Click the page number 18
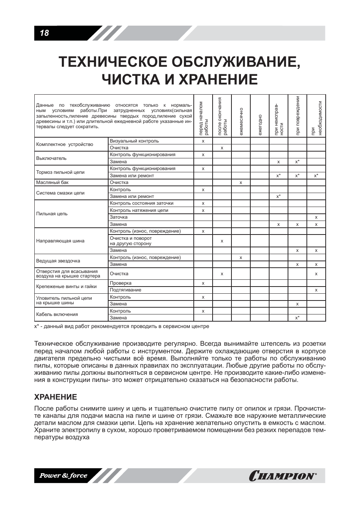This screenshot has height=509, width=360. [x=44, y=33]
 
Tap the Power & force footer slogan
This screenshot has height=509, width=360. [x=63, y=475]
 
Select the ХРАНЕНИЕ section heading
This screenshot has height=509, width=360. [x=55, y=397]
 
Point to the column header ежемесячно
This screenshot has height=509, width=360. [x=241, y=121]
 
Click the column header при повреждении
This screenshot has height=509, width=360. [x=297, y=116]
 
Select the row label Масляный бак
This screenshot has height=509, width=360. [x=52, y=182]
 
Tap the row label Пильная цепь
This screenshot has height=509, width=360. [x=52, y=214]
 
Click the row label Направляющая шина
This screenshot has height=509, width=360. [x=60, y=241]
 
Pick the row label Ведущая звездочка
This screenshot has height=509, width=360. [x=58, y=261]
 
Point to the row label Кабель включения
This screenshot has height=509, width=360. [x=57, y=314]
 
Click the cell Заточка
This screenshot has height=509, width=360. [x=119, y=217]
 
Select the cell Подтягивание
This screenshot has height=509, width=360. [x=126, y=290]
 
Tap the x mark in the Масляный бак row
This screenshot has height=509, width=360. [x=241, y=182]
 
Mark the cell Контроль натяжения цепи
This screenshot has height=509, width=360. [x=139, y=210]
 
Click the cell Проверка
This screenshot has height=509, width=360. [x=121, y=283]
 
